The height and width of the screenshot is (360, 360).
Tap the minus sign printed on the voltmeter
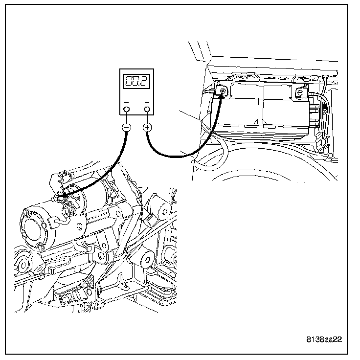(x=127, y=102)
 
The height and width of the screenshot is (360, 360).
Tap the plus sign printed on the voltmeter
(x=147, y=102)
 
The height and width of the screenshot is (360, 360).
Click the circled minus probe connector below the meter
(x=126, y=128)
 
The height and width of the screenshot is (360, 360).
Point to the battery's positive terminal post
(x=223, y=91)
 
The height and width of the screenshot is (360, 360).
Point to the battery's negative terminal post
(x=300, y=91)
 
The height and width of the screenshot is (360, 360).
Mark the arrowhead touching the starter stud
(x=62, y=197)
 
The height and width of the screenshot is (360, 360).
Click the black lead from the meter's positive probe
(x=176, y=156)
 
